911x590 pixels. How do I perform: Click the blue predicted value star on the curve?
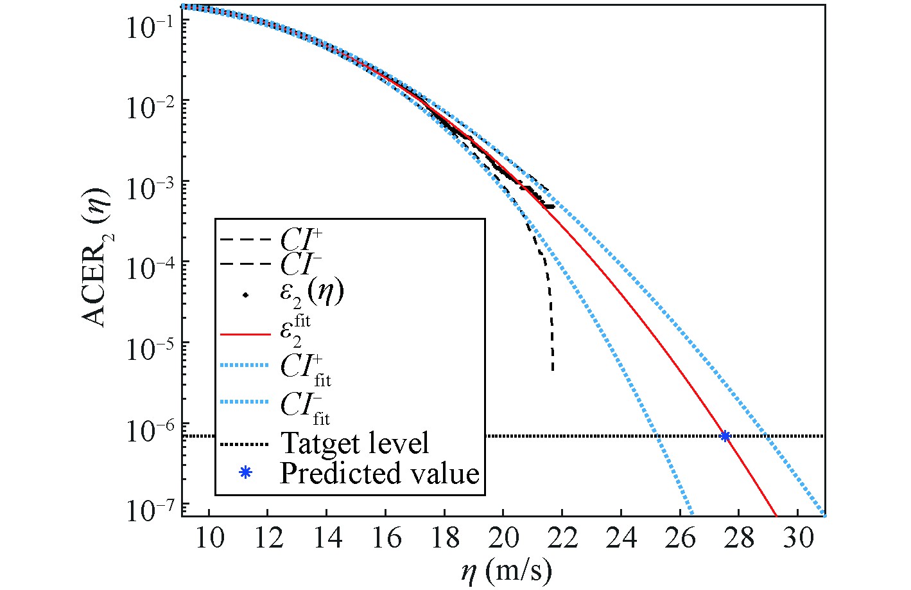pos(725,436)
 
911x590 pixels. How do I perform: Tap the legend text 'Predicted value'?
pos(379,474)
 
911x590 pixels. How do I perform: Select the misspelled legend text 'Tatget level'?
pos(354,443)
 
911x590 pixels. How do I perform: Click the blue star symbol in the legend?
pos(244,473)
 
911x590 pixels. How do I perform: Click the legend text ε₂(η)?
pos(312,293)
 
